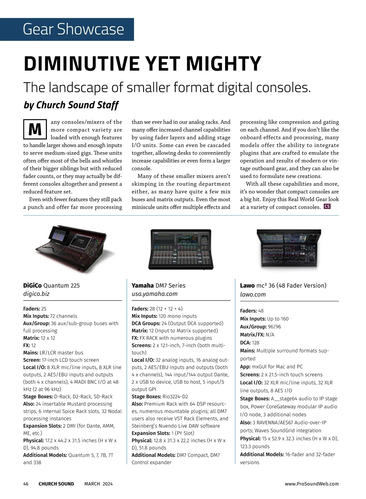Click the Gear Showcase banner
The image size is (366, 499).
[x=73, y=29]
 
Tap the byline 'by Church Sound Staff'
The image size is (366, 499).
[x=71, y=105]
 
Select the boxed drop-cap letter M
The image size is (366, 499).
[x=35, y=130]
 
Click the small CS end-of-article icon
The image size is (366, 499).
[x=327, y=207]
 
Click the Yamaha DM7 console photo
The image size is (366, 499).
[x=181, y=249]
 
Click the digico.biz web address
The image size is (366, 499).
[x=36, y=294]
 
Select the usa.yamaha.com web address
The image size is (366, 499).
[x=154, y=294]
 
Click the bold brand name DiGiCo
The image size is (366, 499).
[x=32, y=285]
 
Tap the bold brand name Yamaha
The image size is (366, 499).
[x=142, y=285]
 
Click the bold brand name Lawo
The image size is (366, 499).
[x=247, y=285]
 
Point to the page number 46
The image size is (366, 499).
[x=26, y=484]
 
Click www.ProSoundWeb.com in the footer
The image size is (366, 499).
[x=312, y=484]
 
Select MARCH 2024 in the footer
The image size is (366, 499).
[x=99, y=484]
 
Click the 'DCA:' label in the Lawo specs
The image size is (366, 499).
[x=245, y=343]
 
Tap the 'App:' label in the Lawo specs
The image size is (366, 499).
[x=245, y=367]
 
